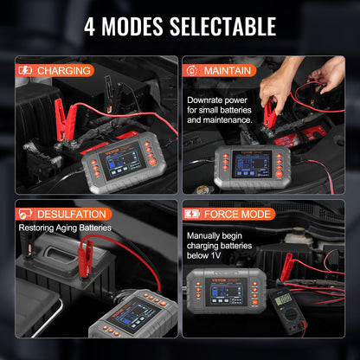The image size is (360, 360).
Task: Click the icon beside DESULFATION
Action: click(x=27, y=213)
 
